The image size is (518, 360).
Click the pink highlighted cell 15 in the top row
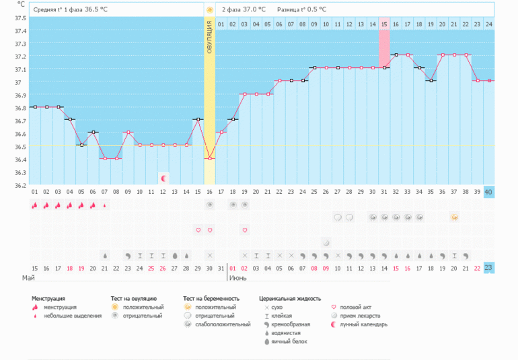pos(384,24)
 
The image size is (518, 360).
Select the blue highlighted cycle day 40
pos(488,192)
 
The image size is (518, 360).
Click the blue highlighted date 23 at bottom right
pos(488,268)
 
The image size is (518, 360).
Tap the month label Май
pos(28,277)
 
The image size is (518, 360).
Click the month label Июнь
pos(238,277)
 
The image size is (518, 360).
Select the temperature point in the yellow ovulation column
pos(210,158)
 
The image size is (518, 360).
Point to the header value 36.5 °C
pos(98,10)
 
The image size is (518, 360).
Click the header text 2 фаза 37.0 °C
pos(244,10)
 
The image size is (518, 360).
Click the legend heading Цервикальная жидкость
pos(290,298)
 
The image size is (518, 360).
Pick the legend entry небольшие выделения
pos(73,316)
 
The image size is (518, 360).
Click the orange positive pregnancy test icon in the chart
pos(455,217)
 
